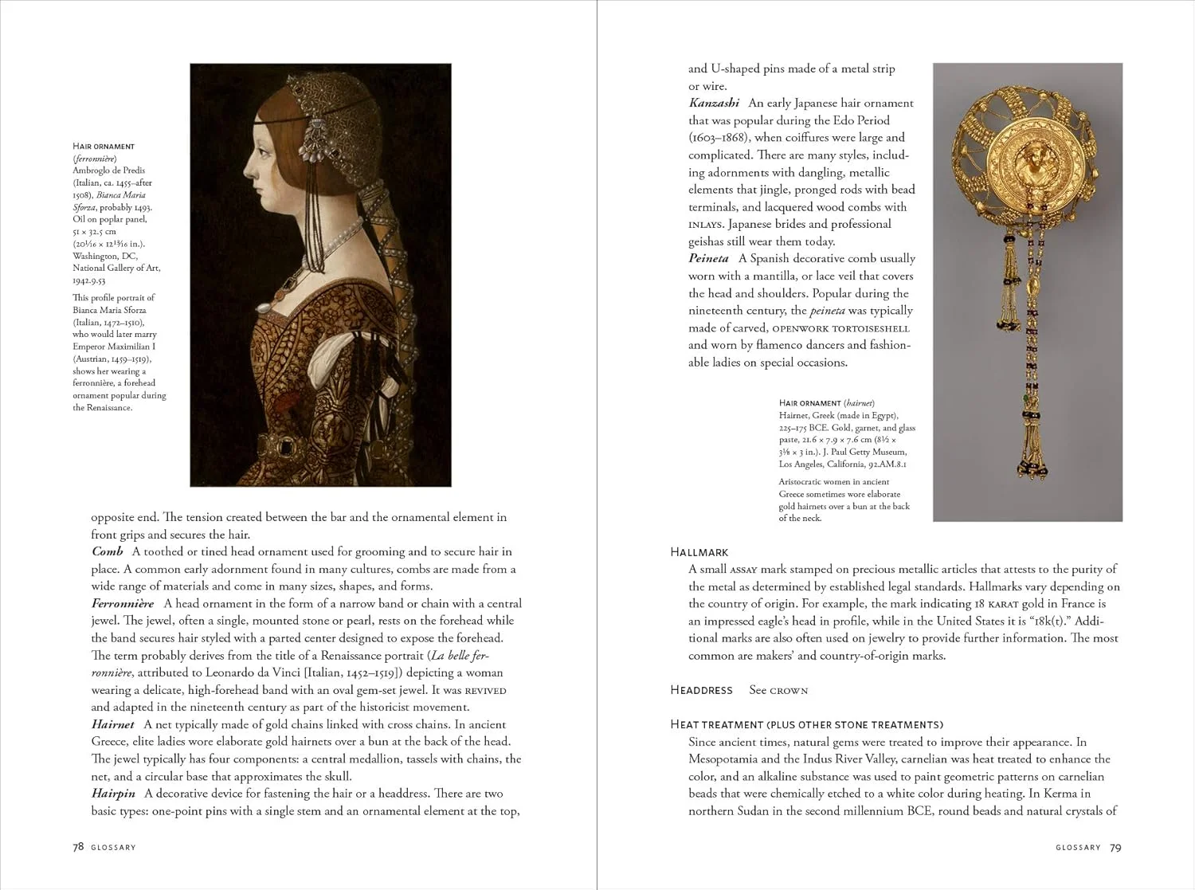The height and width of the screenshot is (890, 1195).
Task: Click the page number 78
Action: click(x=78, y=847)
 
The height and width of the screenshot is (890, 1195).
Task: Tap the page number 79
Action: click(x=1115, y=848)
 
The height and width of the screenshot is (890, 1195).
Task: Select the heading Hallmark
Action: click(x=699, y=552)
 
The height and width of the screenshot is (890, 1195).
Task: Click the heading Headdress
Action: click(x=701, y=690)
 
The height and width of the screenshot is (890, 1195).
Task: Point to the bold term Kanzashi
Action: click(x=714, y=103)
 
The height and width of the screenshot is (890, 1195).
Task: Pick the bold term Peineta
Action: click(x=708, y=258)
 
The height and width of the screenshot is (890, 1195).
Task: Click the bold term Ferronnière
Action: click(x=123, y=603)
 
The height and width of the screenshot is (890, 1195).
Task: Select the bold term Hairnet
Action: click(x=112, y=724)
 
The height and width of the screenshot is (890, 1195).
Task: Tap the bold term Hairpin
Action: click(x=113, y=794)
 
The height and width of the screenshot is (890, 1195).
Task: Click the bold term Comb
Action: click(x=107, y=551)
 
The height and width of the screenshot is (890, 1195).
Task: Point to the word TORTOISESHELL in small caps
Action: click(x=871, y=328)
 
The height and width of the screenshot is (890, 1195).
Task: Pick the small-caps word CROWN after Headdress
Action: click(x=789, y=691)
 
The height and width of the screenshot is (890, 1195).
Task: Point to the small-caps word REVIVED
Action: click(x=485, y=691)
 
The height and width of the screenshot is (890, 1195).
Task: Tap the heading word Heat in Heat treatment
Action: click(x=686, y=724)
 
